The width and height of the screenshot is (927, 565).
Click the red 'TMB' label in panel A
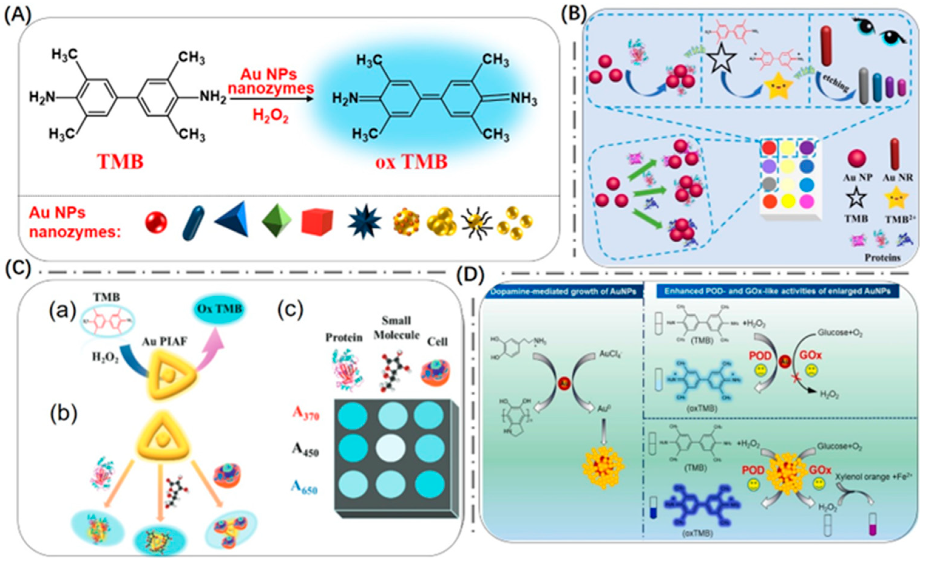coord(120,162)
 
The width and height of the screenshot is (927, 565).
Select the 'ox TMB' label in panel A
coord(411,162)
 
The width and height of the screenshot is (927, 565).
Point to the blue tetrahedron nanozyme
coord(234,219)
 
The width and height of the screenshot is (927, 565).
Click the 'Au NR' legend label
coord(897,178)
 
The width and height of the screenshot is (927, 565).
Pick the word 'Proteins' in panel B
coord(882,258)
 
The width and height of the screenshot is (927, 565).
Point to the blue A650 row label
coord(304,488)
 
